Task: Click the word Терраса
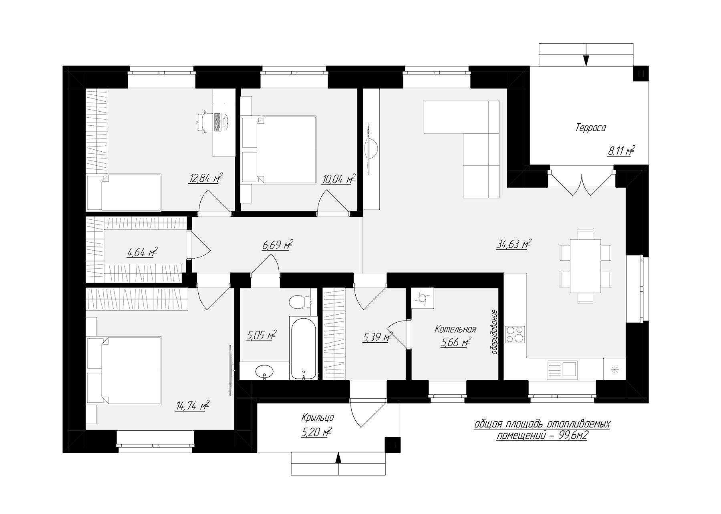(x=591, y=128)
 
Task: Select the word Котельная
(x=455, y=329)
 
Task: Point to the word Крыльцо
(x=318, y=418)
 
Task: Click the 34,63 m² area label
(x=514, y=244)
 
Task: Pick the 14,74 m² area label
(x=192, y=406)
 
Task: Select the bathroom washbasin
(x=264, y=371)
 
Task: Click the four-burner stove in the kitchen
(x=515, y=335)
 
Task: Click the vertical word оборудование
(x=495, y=332)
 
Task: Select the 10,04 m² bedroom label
(x=338, y=179)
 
